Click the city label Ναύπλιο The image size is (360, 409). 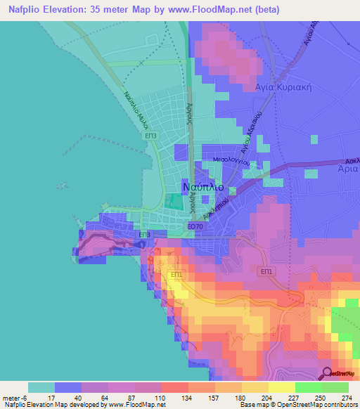click(203, 188)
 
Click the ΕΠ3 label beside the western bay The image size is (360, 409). click(150, 134)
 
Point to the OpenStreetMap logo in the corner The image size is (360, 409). click(340, 373)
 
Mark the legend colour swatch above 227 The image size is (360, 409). click(281, 387)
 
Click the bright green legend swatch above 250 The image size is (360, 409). click(308, 387)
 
